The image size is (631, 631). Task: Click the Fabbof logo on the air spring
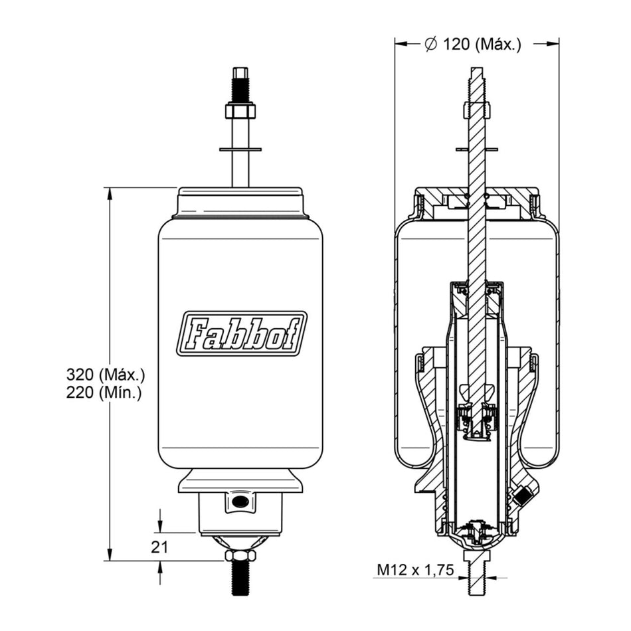241,333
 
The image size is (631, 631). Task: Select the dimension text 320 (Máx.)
106,375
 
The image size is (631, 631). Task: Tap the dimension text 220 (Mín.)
104,393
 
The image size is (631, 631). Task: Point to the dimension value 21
159,547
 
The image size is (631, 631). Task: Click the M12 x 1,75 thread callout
415,570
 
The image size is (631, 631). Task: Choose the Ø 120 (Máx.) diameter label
473,44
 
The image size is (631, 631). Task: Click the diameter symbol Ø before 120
430,44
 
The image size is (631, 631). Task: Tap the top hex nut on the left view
240,112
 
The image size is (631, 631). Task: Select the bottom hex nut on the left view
240,556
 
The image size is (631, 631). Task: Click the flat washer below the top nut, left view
240,149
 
